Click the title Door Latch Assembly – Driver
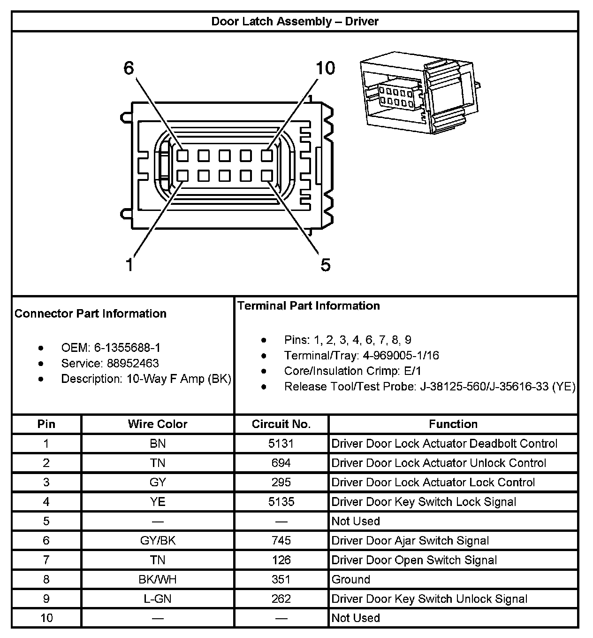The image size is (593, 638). tap(295, 21)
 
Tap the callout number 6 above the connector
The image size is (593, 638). tap(129, 69)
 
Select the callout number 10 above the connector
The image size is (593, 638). tap(325, 69)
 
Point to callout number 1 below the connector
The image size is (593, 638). tap(129, 265)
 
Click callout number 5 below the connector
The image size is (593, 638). tap(326, 265)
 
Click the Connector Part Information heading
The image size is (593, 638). tap(91, 313)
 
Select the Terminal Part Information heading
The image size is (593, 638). tap(308, 306)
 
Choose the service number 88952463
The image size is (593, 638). tap(133, 363)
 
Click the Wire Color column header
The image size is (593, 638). tap(157, 424)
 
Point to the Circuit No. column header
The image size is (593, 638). tap(281, 424)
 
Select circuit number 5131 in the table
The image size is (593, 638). tap(281, 443)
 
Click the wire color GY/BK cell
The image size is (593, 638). tap(158, 540)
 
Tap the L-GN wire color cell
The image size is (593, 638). tap(158, 599)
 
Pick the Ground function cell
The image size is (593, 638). tap(351, 579)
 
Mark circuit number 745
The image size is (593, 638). tap(281, 540)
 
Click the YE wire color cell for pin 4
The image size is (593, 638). tap(158, 502)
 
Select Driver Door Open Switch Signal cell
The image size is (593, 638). tap(414, 560)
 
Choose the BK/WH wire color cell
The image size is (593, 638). tap(158, 579)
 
